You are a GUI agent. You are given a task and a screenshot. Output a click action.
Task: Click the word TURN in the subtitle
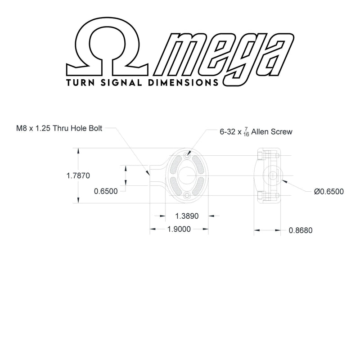tap(81, 83)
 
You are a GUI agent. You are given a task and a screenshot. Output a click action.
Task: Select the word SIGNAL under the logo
tap(121, 83)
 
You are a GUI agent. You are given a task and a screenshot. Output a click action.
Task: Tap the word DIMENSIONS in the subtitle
tap(183, 83)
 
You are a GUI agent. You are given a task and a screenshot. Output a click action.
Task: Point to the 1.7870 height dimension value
tap(78, 175)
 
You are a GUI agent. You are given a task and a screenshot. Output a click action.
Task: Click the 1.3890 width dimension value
tap(187, 216)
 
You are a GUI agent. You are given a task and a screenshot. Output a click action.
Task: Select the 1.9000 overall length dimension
tap(179, 229)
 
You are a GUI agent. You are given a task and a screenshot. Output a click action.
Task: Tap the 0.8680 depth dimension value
tap(301, 230)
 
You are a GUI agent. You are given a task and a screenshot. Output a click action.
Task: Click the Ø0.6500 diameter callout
tap(329, 192)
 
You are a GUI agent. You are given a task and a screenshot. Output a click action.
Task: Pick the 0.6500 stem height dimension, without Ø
tap(106, 191)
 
